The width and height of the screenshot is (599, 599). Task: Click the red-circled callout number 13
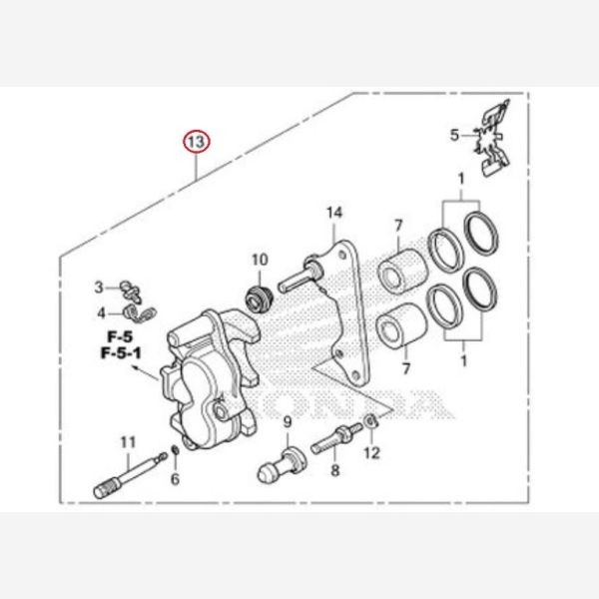tap(196, 143)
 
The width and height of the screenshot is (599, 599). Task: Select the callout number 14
tap(333, 213)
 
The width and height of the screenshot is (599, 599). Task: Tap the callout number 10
tap(260, 261)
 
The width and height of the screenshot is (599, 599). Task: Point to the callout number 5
tap(454, 135)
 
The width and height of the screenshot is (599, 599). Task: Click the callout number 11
tap(127, 442)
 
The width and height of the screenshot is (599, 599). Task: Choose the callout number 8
tap(334, 469)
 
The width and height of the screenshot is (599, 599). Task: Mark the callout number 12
tap(371, 453)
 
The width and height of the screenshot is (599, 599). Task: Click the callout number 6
tap(175, 479)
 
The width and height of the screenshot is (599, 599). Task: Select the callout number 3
tap(99, 288)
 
